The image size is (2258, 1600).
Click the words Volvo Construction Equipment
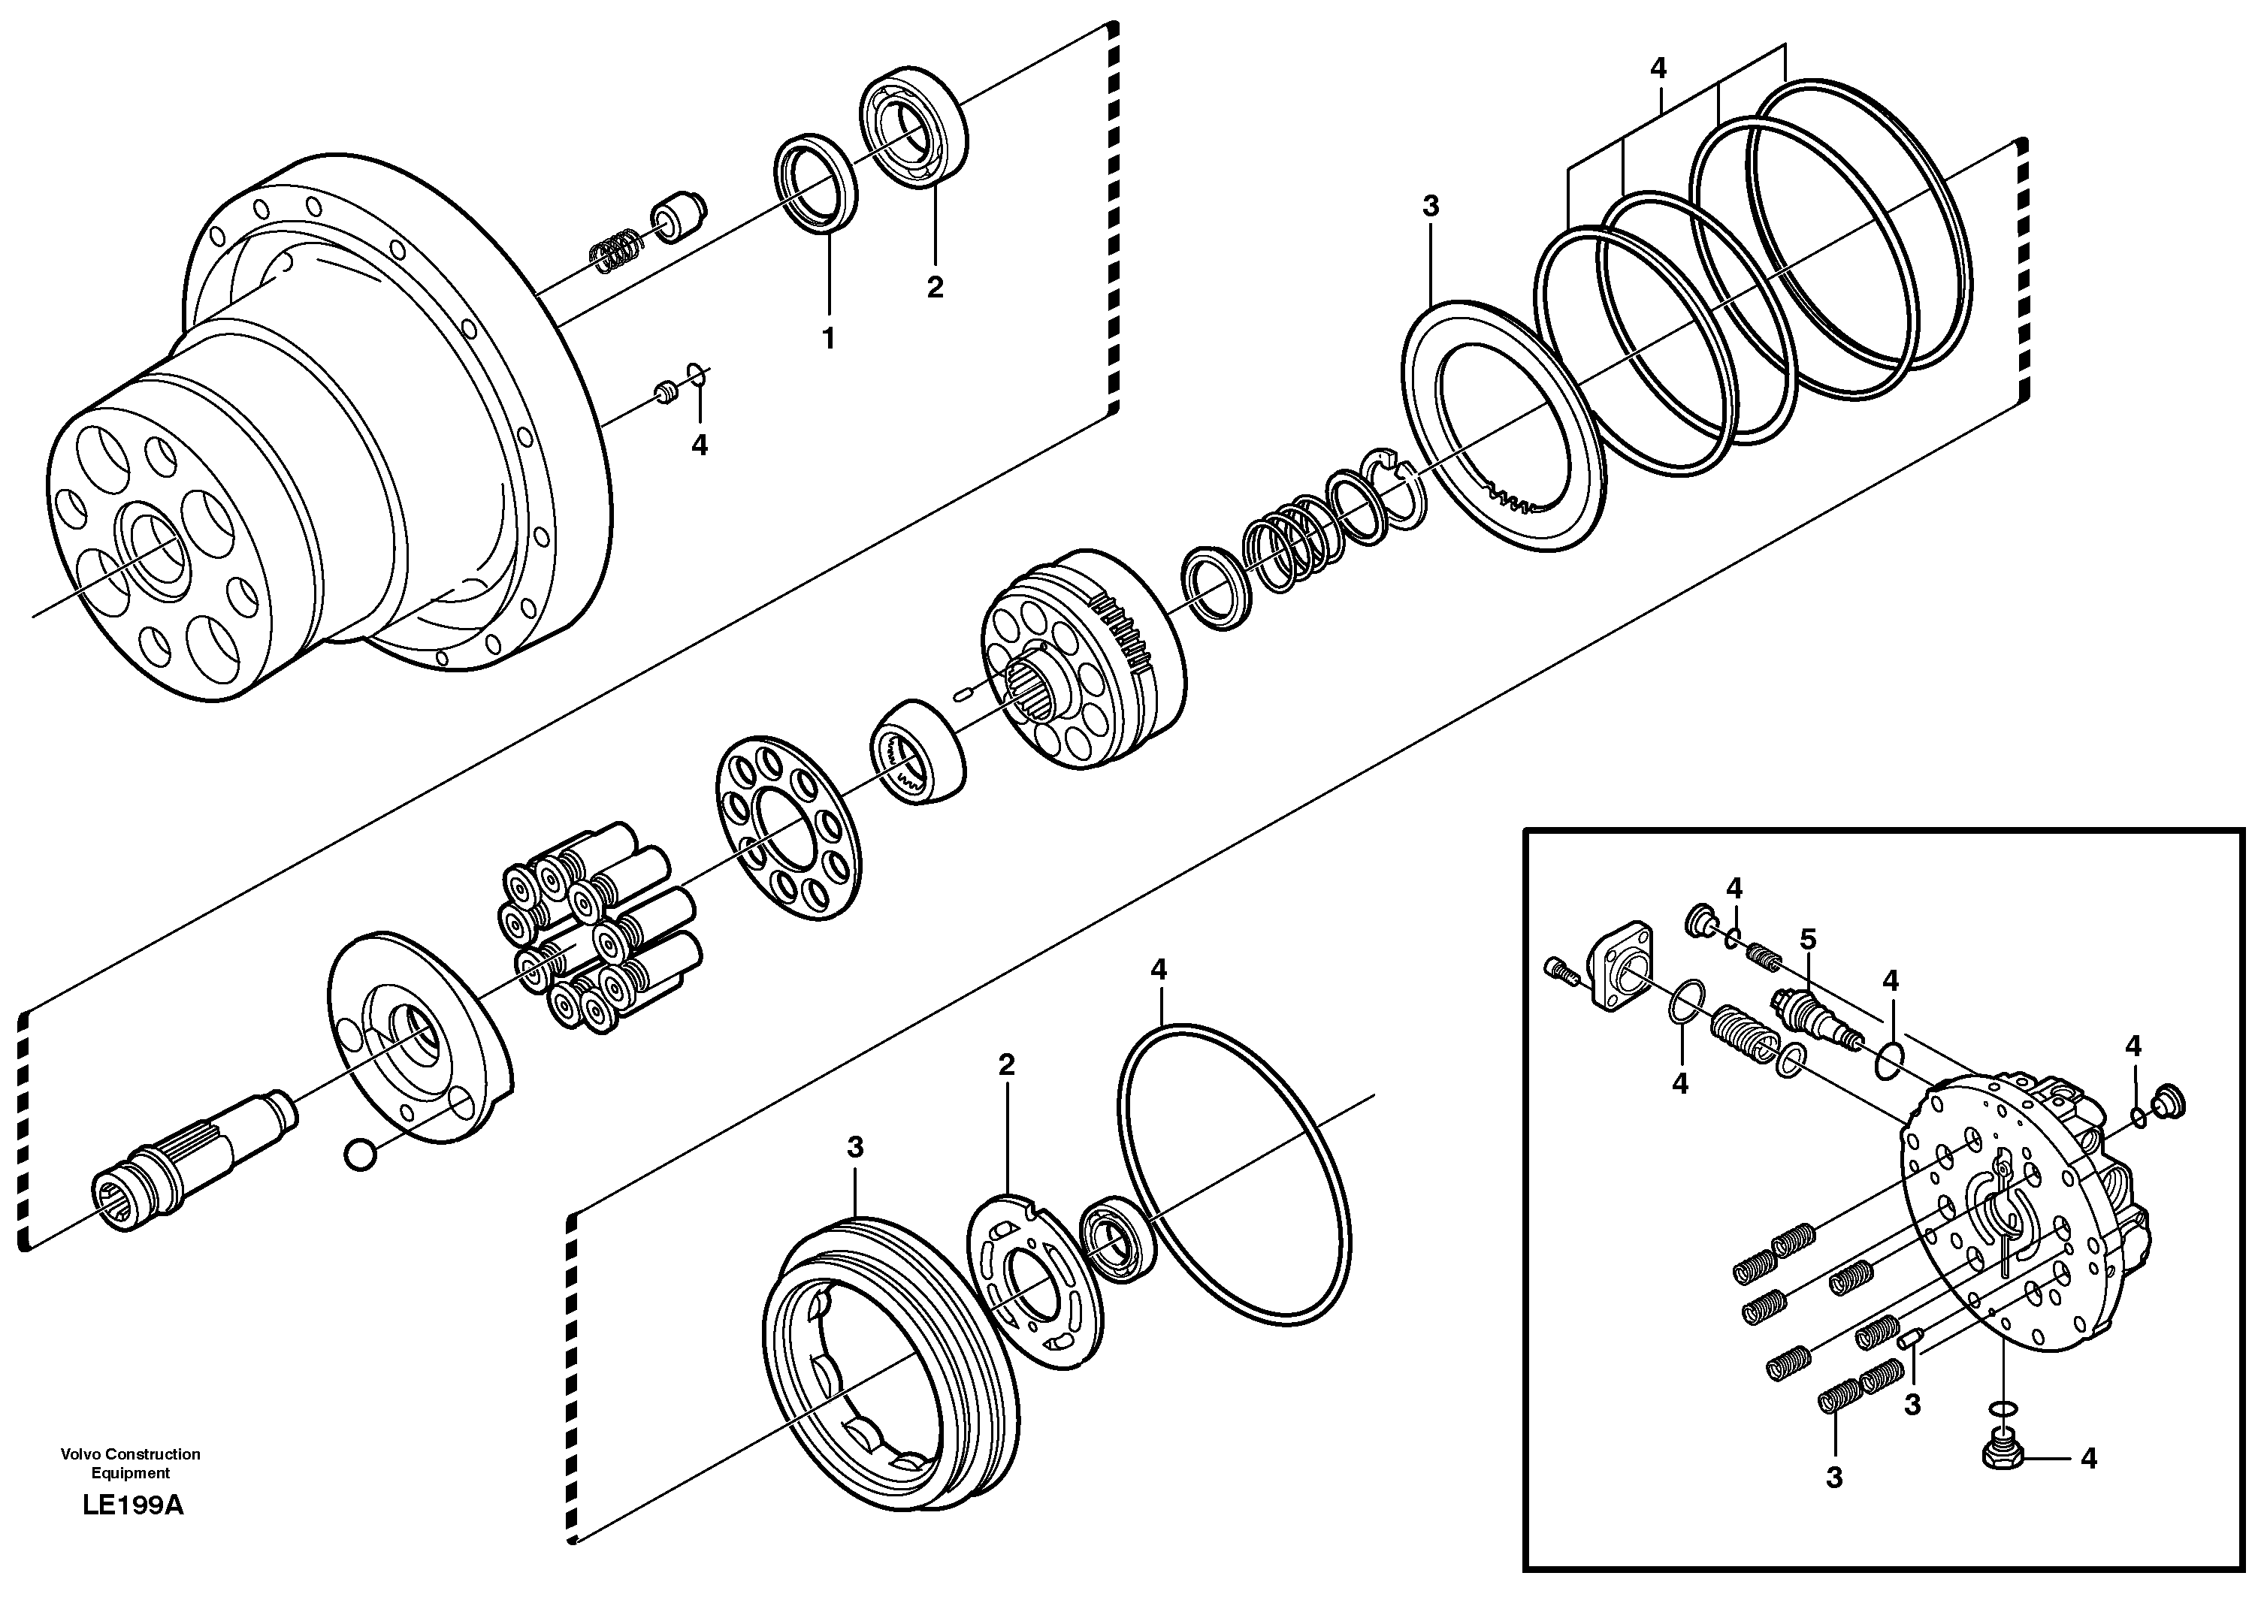(130, 1463)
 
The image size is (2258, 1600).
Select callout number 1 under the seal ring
(828, 338)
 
